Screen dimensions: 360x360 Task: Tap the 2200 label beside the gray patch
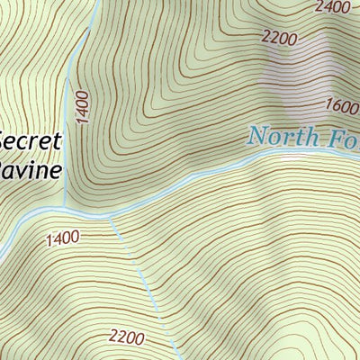pos(278,37)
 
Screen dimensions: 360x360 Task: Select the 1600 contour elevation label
pos(343,105)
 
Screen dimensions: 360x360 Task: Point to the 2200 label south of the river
pos(126,337)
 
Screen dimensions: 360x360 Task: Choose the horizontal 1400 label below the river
pos(60,238)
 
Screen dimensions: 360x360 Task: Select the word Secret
pos(30,142)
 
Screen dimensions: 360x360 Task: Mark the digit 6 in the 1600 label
pos(336,103)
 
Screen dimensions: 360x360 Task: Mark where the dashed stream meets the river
pos(110,216)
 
